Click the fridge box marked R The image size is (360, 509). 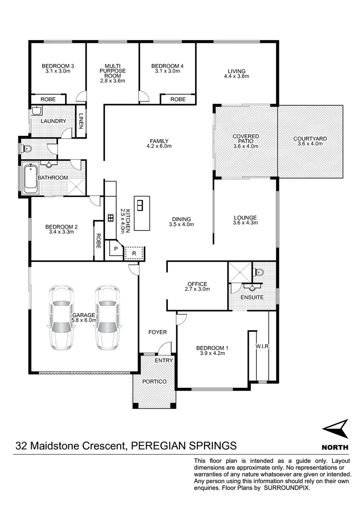(x=134, y=254)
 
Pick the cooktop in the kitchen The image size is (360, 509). (x=110, y=218)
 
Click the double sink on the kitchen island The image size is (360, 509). (x=140, y=205)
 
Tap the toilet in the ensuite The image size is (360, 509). (x=259, y=272)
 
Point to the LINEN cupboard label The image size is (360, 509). (x=81, y=121)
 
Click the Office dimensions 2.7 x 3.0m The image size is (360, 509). (x=197, y=289)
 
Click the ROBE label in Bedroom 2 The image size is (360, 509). (x=98, y=241)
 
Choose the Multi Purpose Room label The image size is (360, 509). (x=113, y=73)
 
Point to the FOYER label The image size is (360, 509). (x=158, y=332)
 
